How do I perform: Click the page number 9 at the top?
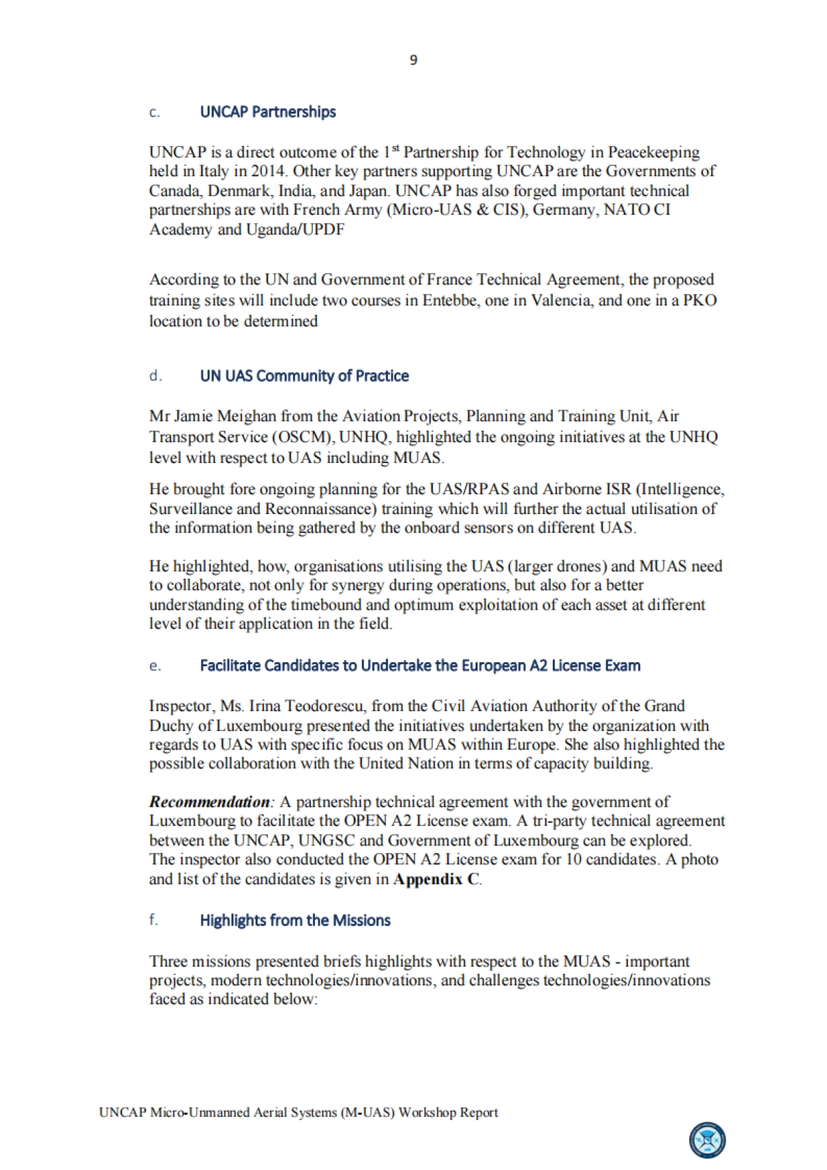(413, 61)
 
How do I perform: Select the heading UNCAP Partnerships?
(267, 112)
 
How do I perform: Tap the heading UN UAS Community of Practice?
(304, 376)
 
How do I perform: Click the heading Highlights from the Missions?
(295, 921)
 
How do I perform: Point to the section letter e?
(154, 666)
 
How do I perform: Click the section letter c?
(154, 113)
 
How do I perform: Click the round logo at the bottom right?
(708, 1140)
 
